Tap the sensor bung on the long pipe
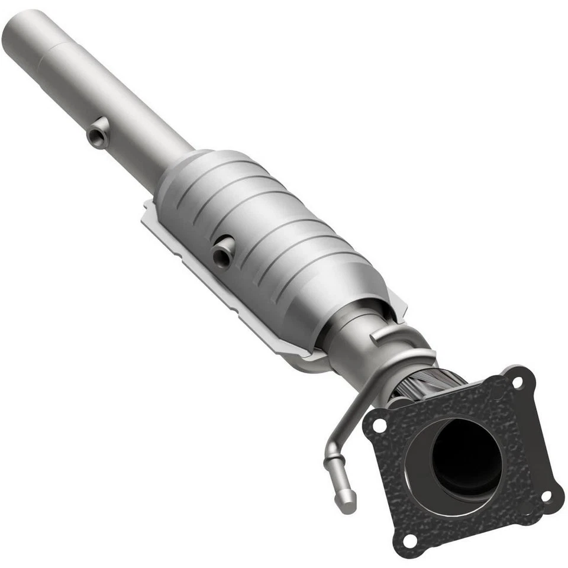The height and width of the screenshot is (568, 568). click(x=98, y=134)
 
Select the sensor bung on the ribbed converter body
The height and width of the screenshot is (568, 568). click(x=224, y=251)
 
